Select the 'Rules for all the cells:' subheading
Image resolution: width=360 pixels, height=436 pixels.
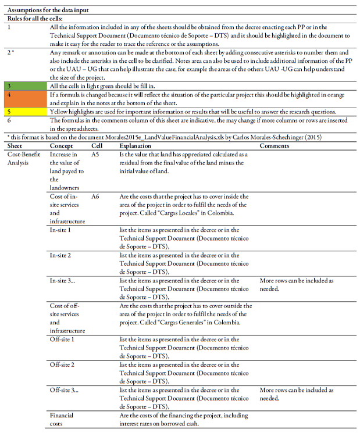tap(34, 18)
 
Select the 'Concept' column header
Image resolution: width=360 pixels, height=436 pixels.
tap(61, 146)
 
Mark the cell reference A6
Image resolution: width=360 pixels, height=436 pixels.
tap(95, 197)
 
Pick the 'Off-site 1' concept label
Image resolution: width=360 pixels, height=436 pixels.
tap(62, 339)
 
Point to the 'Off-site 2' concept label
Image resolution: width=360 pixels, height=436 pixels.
tap(62, 364)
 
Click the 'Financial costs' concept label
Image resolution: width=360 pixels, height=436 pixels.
tap(62, 419)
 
